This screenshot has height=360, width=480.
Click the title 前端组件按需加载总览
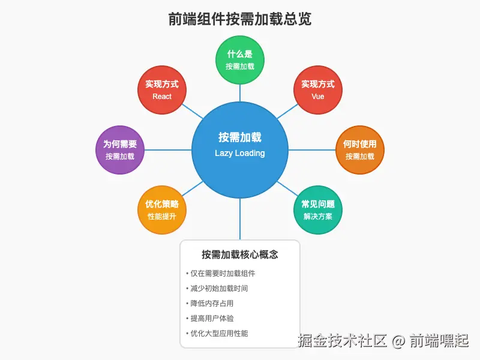[240, 19]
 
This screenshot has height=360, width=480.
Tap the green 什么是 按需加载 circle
[240, 59]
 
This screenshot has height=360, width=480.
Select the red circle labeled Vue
[317, 89]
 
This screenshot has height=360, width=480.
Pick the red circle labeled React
[162, 89]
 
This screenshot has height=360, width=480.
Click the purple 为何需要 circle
[120, 149]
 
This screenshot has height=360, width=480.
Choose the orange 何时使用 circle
[359, 149]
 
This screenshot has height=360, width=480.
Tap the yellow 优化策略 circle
[162, 209]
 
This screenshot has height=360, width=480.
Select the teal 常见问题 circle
[317, 209]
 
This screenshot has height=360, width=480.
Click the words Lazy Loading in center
[240, 153]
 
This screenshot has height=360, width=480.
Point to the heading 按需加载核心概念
[240, 254]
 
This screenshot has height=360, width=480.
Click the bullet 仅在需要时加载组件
[221, 274]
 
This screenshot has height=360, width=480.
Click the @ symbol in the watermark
[399, 342]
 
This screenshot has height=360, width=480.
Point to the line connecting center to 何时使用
[312, 149]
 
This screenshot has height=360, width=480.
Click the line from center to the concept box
[240, 219]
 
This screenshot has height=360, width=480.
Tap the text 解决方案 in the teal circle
[317, 216]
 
